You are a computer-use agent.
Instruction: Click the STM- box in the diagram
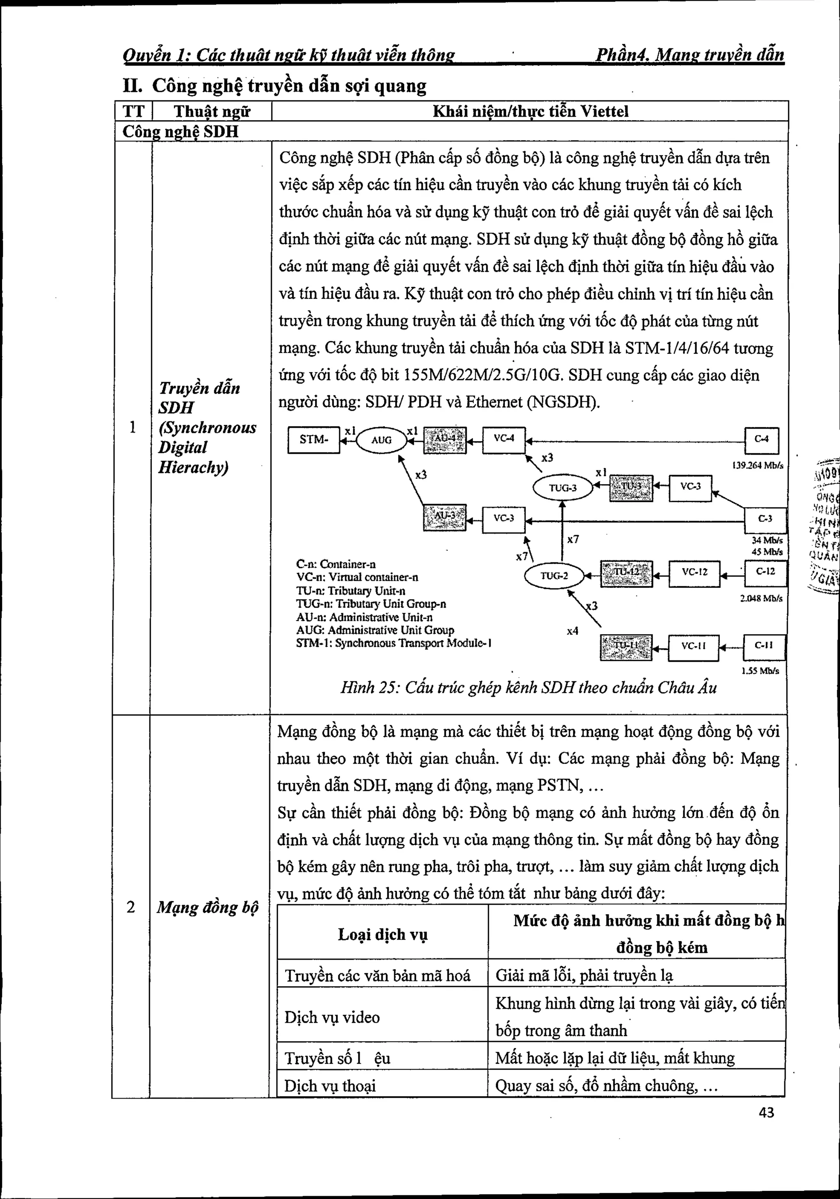pyautogui.click(x=313, y=440)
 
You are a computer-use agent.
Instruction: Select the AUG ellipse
pyautogui.click(x=381, y=440)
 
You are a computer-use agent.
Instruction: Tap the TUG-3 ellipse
pyautogui.click(x=563, y=488)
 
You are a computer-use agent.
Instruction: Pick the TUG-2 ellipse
pyautogui.click(x=554, y=576)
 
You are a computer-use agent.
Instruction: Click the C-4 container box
pyautogui.click(x=761, y=440)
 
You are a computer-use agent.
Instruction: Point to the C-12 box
pyautogui.click(x=765, y=572)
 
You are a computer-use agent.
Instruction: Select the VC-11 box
pyautogui.click(x=693, y=646)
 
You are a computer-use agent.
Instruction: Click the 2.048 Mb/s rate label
pyautogui.click(x=760, y=598)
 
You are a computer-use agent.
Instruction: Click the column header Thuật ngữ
pyautogui.click(x=212, y=111)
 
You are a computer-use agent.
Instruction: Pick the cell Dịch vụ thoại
pyautogui.click(x=330, y=1086)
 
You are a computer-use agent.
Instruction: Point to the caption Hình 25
pyautogui.click(x=528, y=687)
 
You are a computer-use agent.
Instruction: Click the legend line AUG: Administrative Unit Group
pyautogui.click(x=374, y=630)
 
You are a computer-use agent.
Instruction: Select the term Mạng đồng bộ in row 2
pyautogui.click(x=208, y=908)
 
